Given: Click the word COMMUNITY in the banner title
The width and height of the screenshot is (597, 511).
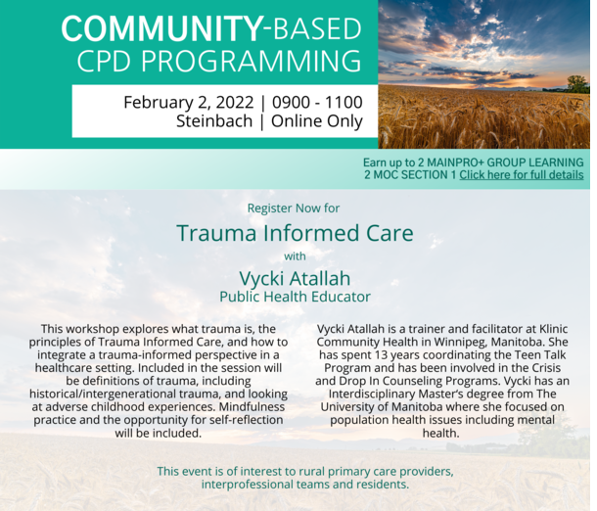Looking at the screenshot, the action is (x=161, y=28).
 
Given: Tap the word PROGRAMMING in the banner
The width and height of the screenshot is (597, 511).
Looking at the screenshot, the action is (x=252, y=61).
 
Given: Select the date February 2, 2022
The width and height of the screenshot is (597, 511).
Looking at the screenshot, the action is (x=189, y=103).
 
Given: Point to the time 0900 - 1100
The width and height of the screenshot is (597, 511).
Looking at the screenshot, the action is (x=317, y=102).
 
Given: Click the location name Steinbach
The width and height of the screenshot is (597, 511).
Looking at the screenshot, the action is (x=214, y=121).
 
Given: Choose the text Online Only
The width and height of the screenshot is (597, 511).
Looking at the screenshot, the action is (x=317, y=121).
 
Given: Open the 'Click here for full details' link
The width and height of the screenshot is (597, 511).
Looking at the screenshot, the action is (x=522, y=175).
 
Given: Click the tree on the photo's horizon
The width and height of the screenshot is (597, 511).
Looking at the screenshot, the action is (x=577, y=84).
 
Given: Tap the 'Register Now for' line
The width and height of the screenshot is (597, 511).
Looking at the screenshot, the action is (x=294, y=209).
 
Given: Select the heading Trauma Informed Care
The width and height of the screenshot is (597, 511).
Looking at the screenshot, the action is (x=295, y=233).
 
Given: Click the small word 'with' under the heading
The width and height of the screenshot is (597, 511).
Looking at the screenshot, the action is (x=295, y=256).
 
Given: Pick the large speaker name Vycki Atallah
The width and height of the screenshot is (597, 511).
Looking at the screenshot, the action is (x=295, y=278).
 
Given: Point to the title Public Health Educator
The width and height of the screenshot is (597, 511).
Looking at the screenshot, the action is (x=295, y=297).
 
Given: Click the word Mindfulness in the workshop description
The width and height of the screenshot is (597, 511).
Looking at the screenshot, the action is (x=252, y=406).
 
